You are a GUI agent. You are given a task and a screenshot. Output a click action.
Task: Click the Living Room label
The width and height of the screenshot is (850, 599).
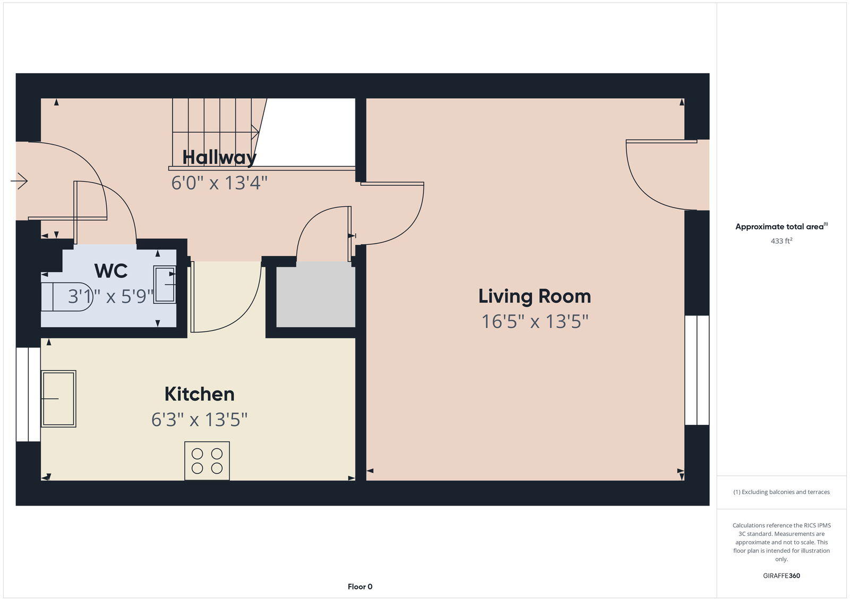click(534, 296)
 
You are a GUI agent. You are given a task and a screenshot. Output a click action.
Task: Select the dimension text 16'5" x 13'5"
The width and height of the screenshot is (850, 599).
click(534, 322)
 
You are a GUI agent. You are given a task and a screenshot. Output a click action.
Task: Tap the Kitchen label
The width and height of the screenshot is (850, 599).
click(199, 394)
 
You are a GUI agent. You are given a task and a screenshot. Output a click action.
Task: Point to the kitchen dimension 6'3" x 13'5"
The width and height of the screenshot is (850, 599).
click(199, 420)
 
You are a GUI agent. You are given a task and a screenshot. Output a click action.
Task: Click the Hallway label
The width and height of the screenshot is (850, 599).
click(219, 157)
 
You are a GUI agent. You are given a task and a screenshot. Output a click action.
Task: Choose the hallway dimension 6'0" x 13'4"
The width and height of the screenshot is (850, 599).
click(219, 183)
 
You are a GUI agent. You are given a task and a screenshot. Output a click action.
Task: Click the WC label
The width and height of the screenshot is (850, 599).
click(110, 271)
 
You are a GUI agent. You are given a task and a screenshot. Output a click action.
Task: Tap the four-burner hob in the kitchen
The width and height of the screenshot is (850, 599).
click(207, 461)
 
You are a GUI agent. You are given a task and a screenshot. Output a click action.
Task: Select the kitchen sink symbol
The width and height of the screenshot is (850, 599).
click(58, 398)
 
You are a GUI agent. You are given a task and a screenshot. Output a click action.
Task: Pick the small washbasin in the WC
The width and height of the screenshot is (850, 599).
click(165, 285)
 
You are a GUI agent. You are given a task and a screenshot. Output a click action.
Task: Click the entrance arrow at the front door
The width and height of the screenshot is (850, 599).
click(20, 182)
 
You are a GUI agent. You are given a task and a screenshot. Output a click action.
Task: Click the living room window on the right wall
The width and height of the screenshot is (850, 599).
click(696, 370)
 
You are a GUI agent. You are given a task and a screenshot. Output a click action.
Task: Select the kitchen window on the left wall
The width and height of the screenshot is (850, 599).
click(28, 395)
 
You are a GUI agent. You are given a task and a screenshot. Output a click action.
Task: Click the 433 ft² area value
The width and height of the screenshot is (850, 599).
click(781, 241)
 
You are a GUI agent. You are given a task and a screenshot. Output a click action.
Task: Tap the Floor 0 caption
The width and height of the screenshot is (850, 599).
click(360, 587)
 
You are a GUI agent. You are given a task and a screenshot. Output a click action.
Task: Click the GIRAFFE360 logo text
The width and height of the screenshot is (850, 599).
click(781, 576)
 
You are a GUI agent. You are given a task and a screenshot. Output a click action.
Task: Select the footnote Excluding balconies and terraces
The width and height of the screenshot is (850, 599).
click(781, 492)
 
